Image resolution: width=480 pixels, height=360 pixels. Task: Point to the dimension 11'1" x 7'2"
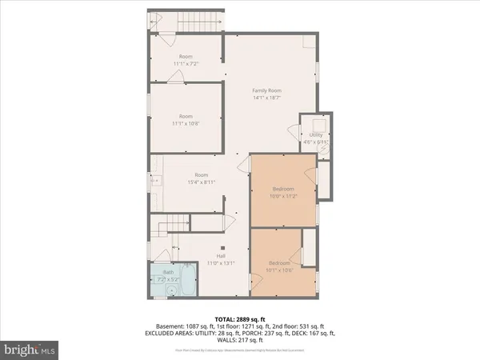pos(186,63)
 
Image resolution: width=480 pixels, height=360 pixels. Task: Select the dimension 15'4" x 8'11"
pos(201,182)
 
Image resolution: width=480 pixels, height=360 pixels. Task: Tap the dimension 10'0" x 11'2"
pos(284,195)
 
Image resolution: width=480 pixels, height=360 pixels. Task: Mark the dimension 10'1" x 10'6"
pos(279,270)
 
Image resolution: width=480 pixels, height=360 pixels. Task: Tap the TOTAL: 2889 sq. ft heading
pos(240,318)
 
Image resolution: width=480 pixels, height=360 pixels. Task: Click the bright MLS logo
pos(30,349)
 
